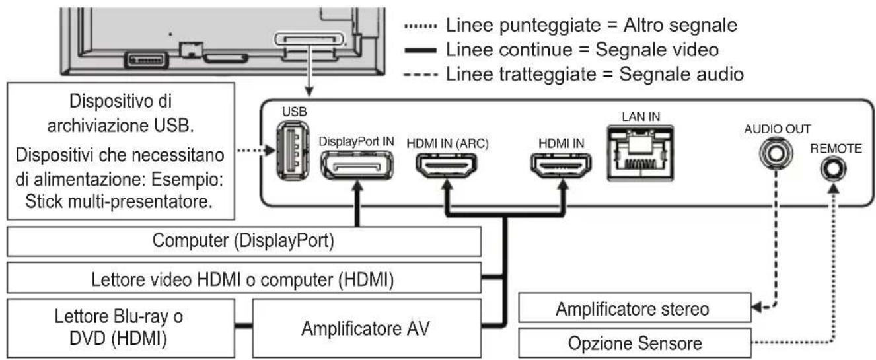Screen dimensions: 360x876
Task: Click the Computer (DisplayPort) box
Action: click(244, 242)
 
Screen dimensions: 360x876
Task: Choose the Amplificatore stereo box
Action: click(633, 308)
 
